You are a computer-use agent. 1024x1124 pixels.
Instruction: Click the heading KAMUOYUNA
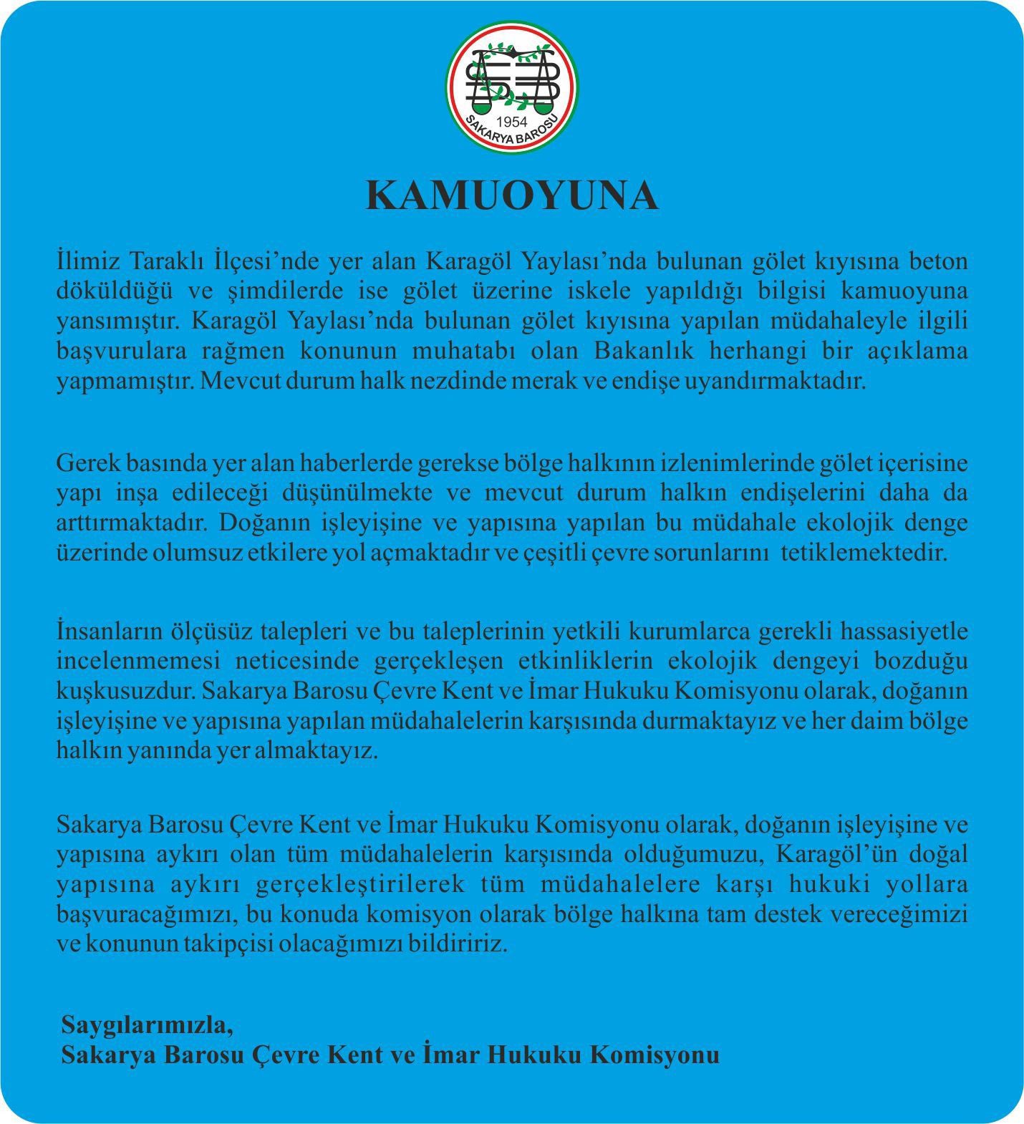click(512, 195)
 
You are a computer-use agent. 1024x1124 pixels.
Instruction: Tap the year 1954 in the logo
click(512, 122)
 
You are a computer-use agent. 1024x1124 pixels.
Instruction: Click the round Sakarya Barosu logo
click(512, 89)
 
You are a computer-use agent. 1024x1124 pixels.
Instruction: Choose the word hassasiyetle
click(904, 631)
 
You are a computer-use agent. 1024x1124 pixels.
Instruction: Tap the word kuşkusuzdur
click(125, 691)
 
